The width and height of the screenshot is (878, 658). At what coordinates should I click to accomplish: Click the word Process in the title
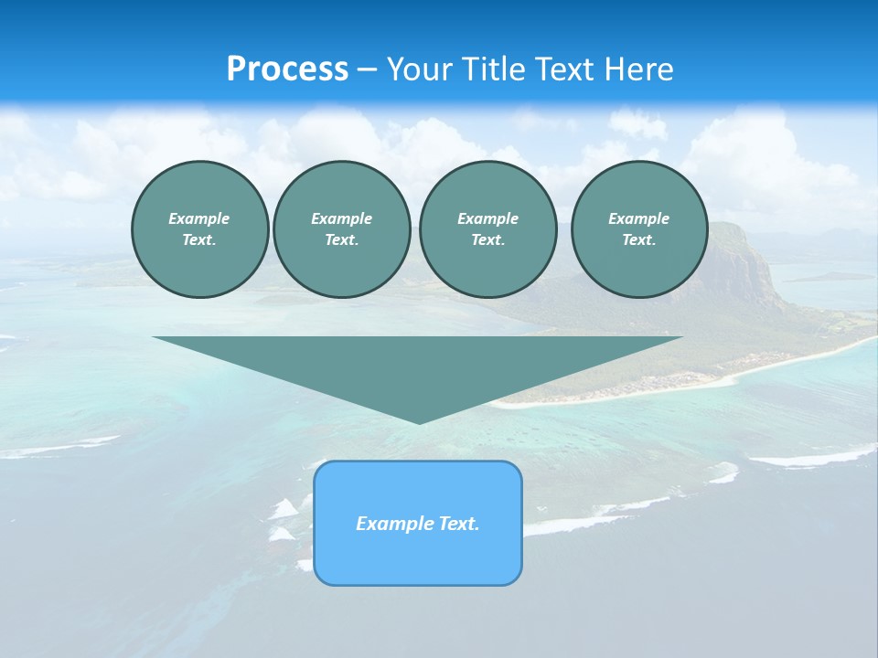[287, 69]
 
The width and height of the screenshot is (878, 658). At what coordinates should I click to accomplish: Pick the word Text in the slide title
[567, 69]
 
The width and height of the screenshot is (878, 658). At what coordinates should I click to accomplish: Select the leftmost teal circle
[199, 229]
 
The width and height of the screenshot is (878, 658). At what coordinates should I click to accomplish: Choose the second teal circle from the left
[341, 229]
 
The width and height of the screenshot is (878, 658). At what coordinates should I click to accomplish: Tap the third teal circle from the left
[487, 229]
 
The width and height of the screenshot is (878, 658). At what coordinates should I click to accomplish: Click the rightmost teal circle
[639, 229]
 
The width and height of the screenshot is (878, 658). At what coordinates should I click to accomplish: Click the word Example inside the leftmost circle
[199, 218]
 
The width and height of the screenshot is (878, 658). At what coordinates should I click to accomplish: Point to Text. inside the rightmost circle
[639, 240]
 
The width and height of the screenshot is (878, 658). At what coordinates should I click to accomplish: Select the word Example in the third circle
[487, 218]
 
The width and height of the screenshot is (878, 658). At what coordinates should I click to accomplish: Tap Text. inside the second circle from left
[341, 240]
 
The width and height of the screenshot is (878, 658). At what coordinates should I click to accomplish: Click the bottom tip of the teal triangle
[418, 422]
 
